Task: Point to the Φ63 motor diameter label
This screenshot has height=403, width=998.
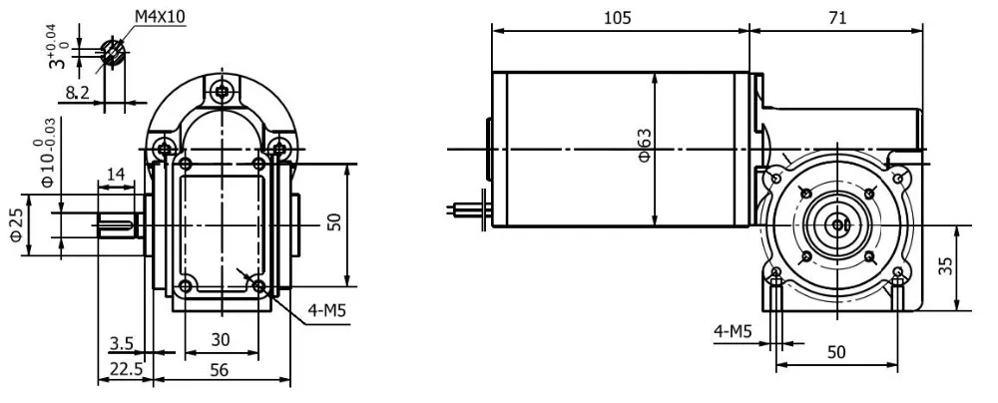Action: tap(645, 149)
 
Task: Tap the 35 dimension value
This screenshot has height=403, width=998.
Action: tap(946, 266)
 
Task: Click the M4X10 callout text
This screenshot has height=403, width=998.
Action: tap(160, 17)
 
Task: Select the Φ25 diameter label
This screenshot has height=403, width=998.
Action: tap(17, 224)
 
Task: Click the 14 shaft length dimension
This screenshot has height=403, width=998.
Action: tap(116, 174)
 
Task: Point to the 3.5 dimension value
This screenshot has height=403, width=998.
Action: tap(121, 343)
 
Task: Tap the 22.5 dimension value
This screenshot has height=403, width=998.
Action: tap(125, 367)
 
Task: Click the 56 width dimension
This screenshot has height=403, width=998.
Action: tap(222, 367)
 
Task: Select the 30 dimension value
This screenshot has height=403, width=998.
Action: tap(221, 339)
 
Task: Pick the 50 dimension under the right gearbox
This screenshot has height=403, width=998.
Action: tap(836, 353)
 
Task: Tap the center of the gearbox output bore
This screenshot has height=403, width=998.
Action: tap(836, 226)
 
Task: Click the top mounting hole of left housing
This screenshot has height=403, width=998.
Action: tap(221, 93)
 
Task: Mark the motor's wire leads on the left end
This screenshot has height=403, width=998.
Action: tap(465, 208)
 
